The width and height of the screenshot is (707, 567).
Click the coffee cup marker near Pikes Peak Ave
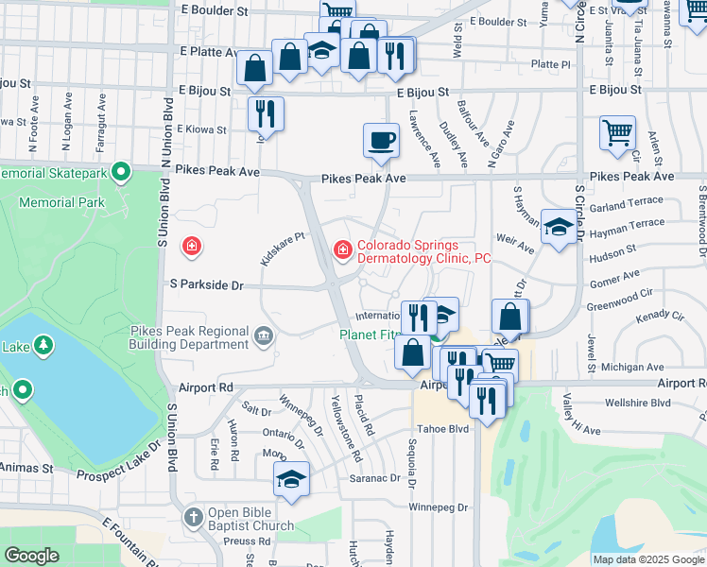[381, 141]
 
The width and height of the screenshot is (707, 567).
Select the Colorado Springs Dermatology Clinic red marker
[342, 249]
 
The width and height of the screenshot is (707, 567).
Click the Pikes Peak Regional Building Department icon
[263, 333]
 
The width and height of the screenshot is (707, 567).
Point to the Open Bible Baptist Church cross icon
[194, 517]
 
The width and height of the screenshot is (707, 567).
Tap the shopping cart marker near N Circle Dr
[617, 133]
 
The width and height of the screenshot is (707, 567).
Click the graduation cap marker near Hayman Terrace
[559, 227]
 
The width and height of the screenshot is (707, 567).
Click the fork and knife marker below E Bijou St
[266, 114]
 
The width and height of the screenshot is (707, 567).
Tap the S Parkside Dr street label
[206, 284]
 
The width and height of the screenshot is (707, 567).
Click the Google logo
[32, 556]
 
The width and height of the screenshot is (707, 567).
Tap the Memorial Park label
[64, 202]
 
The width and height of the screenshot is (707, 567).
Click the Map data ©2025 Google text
[648, 558]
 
